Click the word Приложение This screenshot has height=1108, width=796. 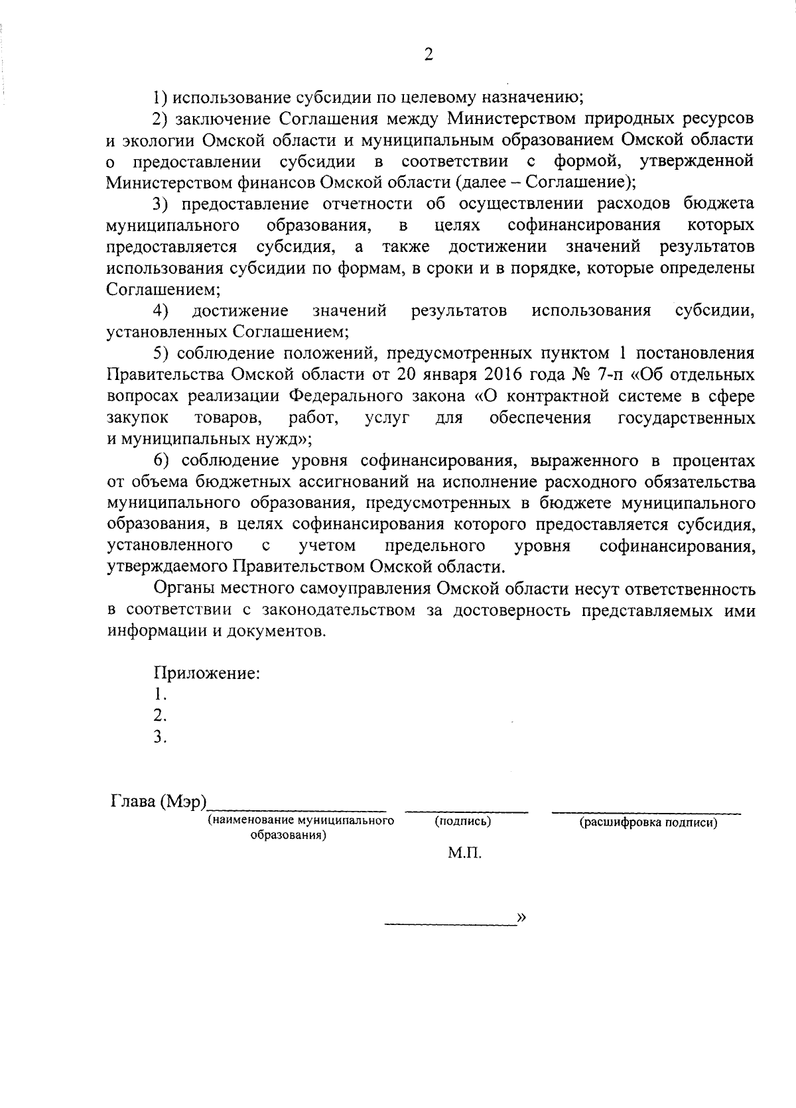[206, 674]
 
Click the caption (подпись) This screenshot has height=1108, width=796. [463, 821]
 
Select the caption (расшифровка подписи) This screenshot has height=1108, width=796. [648, 823]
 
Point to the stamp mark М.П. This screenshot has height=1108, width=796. [464, 853]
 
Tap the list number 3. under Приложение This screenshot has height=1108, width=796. [159, 737]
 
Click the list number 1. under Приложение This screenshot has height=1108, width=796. [159, 695]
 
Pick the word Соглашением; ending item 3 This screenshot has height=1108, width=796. [163, 289]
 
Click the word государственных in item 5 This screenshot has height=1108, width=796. [686, 418]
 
